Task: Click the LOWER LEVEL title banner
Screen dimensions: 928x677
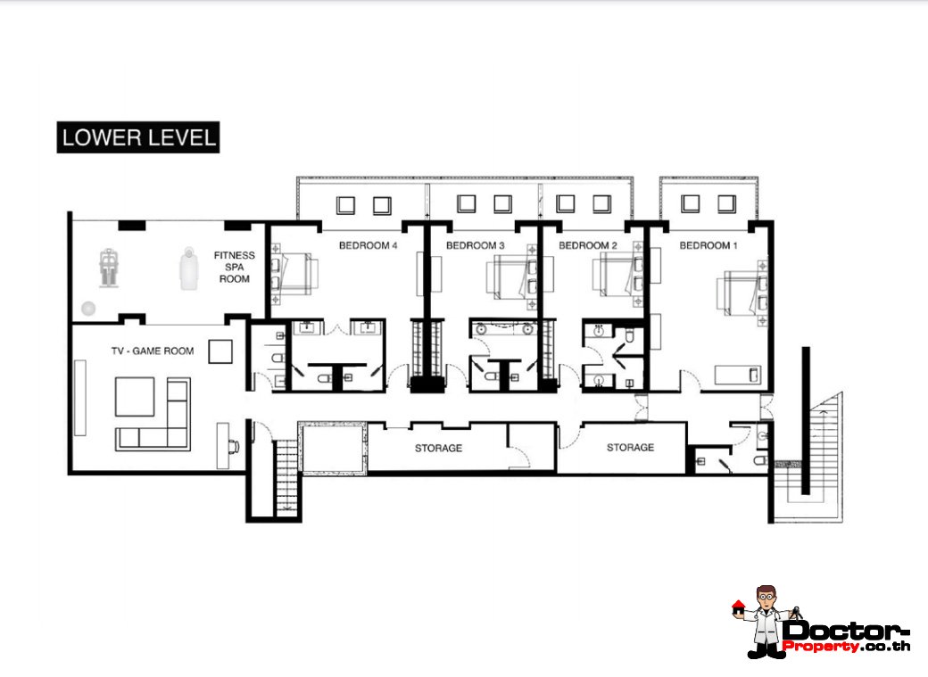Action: pyautogui.click(x=138, y=137)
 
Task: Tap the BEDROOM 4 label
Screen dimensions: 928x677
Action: pyautogui.click(x=368, y=245)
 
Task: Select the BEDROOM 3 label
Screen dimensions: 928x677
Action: pyautogui.click(x=476, y=245)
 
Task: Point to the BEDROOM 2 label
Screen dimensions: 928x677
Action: pyautogui.click(x=588, y=245)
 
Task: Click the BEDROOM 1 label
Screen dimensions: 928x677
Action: pyautogui.click(x=708, y=245)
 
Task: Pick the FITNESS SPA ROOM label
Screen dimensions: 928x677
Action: pyautogui.click(x=235, y=267)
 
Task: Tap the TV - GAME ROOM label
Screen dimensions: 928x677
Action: pyautogui.click(x=153, y=351)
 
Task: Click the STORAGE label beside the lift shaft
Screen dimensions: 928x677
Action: pyautogui.click(x=438, y=448)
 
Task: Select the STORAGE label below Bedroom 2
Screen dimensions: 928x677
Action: pyautogui.click(x=630, y=448)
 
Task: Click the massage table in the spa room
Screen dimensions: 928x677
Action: pyautogui.click(x=189, y=268)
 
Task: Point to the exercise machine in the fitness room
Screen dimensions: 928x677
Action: pyautogui.click(x=108, y=268)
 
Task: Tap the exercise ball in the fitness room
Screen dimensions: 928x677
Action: pyautogui.click(x=88, y=308)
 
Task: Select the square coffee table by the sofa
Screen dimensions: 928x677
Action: pyautogui.click(x=135, y=397)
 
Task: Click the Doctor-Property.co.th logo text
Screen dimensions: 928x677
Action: pyautogui.click(x=845, y=636)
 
